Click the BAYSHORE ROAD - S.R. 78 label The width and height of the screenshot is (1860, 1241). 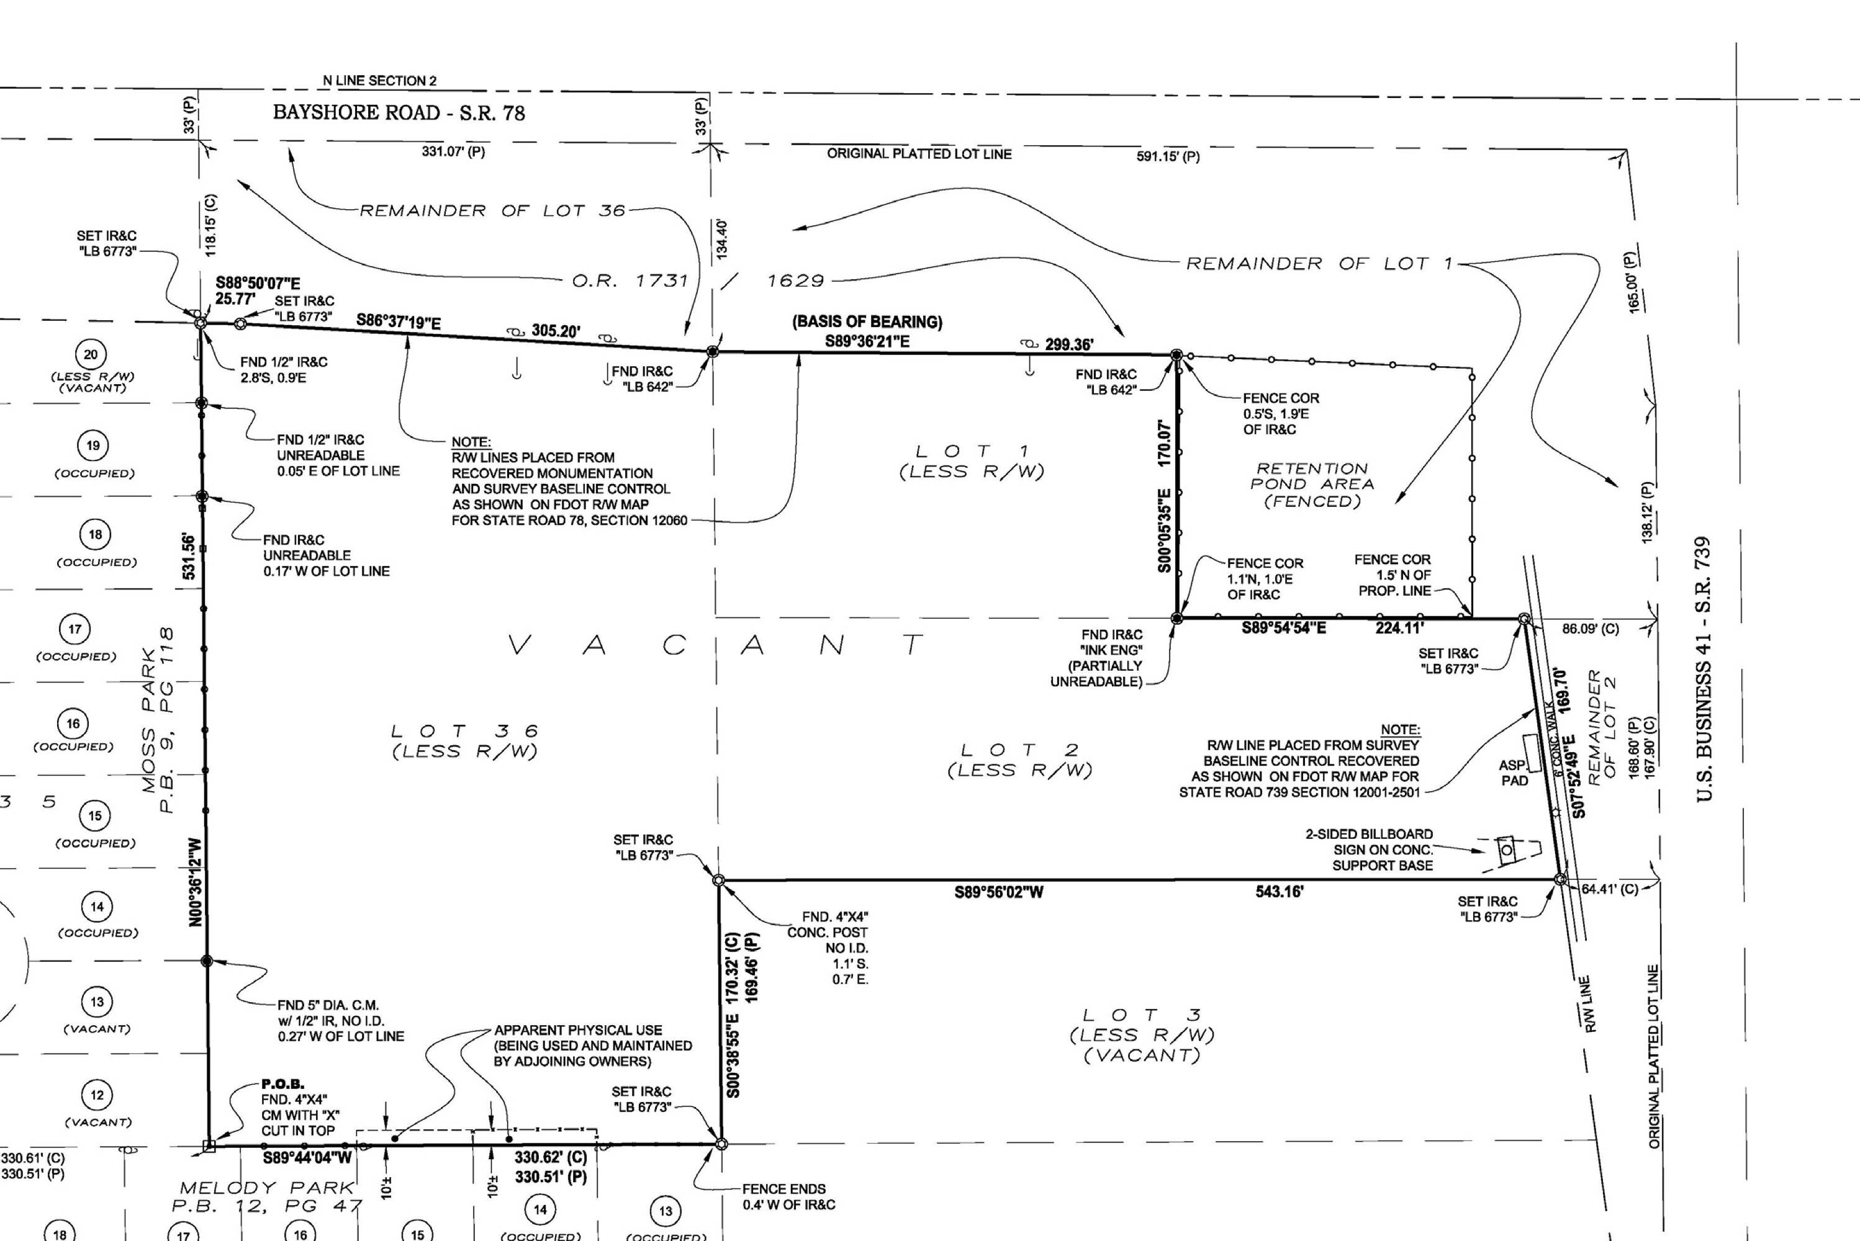pyautogui.click(x=399, y=112)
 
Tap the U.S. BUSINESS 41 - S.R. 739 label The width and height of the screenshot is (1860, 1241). pyautogui.click(x=1704, y=670)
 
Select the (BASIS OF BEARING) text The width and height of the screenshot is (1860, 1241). pyautogui.click(x=867, y=322)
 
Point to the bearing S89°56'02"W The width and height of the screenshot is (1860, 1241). pyautogui.click(x=998, y=892)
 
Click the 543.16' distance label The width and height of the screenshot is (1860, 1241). pyautogui.click(x=1280, y=892)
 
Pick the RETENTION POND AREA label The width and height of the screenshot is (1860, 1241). pyautogui.click(x=1312, y=485)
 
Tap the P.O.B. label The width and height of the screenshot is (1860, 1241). pyautogui.click(x=282, y=1083)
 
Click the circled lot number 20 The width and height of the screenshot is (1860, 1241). pyautogui.click(x=91, y=354)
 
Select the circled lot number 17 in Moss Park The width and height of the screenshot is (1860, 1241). pyautogui.click(x=75, y=629)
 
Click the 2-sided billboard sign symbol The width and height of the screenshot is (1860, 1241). pyautogui.click(x=1507, y=850)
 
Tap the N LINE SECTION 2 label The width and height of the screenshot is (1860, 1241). pyautogui.click(x=379, y=81)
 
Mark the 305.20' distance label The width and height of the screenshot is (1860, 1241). pyautogui.click(x=556, y=331)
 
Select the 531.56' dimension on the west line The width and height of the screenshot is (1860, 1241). pyautogui.click(x=189, y=557)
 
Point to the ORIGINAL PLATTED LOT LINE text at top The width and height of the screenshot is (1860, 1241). pyautogui.click(x=919, y=153)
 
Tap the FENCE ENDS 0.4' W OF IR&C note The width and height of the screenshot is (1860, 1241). pyautogui.click(x=788, y=1197)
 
